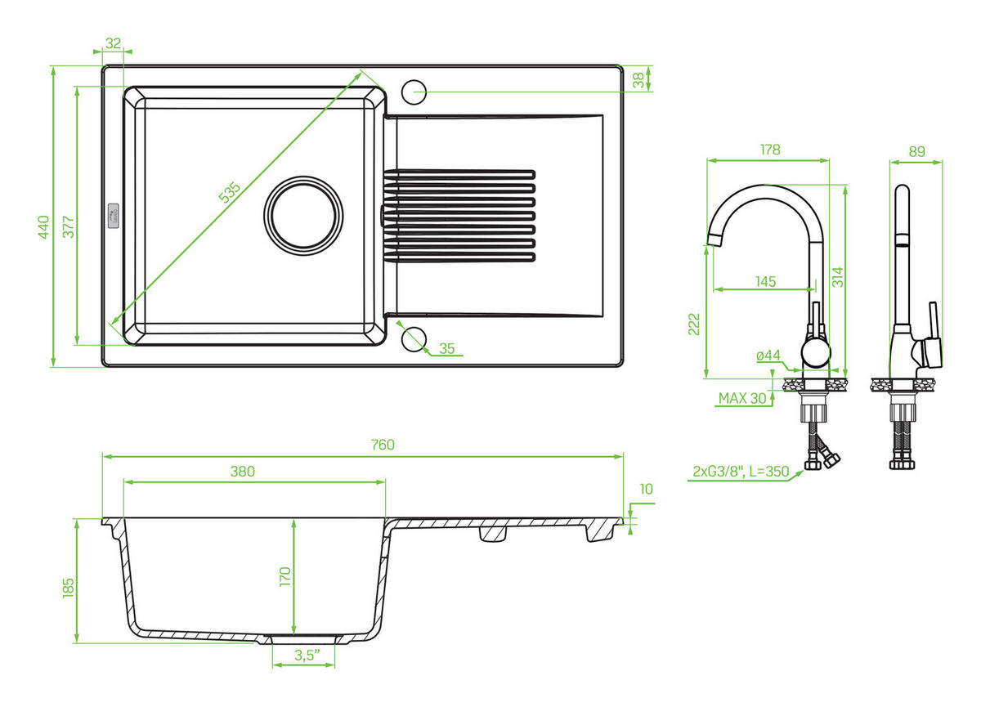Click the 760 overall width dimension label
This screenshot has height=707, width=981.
(x=383, y=445)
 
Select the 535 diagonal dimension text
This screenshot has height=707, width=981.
(x=230, y=193)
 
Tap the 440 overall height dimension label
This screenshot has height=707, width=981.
(x=44, y=226)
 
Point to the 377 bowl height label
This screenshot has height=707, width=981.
(x=69, y=226)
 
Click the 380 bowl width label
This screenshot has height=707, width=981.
(x=242, y=472)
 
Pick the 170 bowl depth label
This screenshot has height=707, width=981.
(x=285, y=576)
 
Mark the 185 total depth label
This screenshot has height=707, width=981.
(x=69, y=588)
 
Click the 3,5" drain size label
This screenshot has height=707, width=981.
(x=307, y=655)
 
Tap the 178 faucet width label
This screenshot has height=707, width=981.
(x=770, y=150)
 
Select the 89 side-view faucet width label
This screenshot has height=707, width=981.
(x=916, y=151)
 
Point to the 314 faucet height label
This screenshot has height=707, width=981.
(x=837, y=277)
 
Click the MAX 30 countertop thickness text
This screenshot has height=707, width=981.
(x=742, y=398)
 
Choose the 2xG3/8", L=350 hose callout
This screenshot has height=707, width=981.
(x=741, y=472)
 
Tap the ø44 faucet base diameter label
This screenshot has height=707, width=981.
(x=768, y=355)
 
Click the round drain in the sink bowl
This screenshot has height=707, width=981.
(x=303, y=216)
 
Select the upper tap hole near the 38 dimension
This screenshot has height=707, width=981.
(x=414, y=92)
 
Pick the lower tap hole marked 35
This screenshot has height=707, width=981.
(x=414, y=339)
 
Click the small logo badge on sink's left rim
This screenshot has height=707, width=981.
(x=113, y=216)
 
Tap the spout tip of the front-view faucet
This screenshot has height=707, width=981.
(x=714, y=239)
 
